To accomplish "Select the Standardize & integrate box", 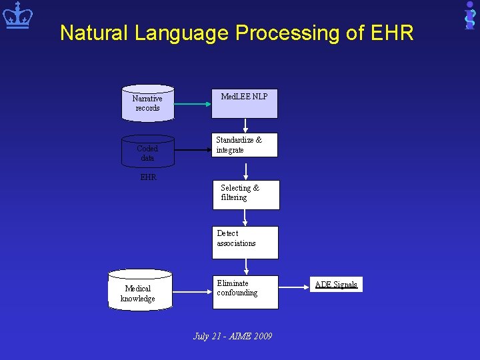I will pos(245,145).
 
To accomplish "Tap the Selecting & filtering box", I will pos(245,195).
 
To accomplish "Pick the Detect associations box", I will pos(245,242).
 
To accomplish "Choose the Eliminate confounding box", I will pos(245,292).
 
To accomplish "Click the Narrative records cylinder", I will pos(147,103).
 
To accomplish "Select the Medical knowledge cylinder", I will pos(139,290).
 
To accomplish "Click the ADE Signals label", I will pos(336,285).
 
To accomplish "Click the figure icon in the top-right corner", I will pos(469,15).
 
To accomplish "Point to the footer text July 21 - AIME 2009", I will pos(233,336).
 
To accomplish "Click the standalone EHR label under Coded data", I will pos(147,177).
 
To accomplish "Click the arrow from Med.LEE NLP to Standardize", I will pos(245,125).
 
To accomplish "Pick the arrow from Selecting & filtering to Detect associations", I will pos(245,218).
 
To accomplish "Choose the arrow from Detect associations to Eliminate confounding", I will pos(245,267).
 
